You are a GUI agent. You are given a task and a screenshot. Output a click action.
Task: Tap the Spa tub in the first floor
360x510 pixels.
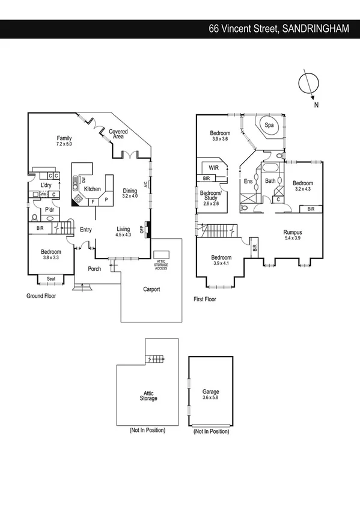[270, 126]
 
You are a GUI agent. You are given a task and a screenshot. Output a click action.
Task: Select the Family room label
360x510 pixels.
[64, 138]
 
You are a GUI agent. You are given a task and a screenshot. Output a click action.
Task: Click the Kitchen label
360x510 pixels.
[92, 189]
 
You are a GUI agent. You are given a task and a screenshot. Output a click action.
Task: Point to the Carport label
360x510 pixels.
[151, 289]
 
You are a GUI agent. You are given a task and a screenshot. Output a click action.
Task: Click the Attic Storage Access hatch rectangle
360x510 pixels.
[160, 254]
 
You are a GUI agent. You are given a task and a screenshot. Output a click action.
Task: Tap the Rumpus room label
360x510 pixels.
[293, 232]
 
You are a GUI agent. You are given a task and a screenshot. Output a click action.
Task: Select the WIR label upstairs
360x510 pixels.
[213, 168]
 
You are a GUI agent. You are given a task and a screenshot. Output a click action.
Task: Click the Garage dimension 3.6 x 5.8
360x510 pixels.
[210, 398]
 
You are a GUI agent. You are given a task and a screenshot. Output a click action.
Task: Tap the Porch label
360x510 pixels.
[94, 269]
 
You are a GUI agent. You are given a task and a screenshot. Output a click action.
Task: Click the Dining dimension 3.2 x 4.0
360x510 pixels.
[130, 196]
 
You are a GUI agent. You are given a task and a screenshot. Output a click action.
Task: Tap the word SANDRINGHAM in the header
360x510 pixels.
[315, 28]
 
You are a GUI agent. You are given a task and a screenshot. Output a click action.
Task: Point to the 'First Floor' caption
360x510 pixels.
[205, 299]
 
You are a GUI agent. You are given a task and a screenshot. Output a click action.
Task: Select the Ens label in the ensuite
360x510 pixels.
[248, 180]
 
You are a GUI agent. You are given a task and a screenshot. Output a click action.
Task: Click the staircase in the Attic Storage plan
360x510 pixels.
[155, 359]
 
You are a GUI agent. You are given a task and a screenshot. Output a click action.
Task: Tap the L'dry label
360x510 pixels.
[47, 185]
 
